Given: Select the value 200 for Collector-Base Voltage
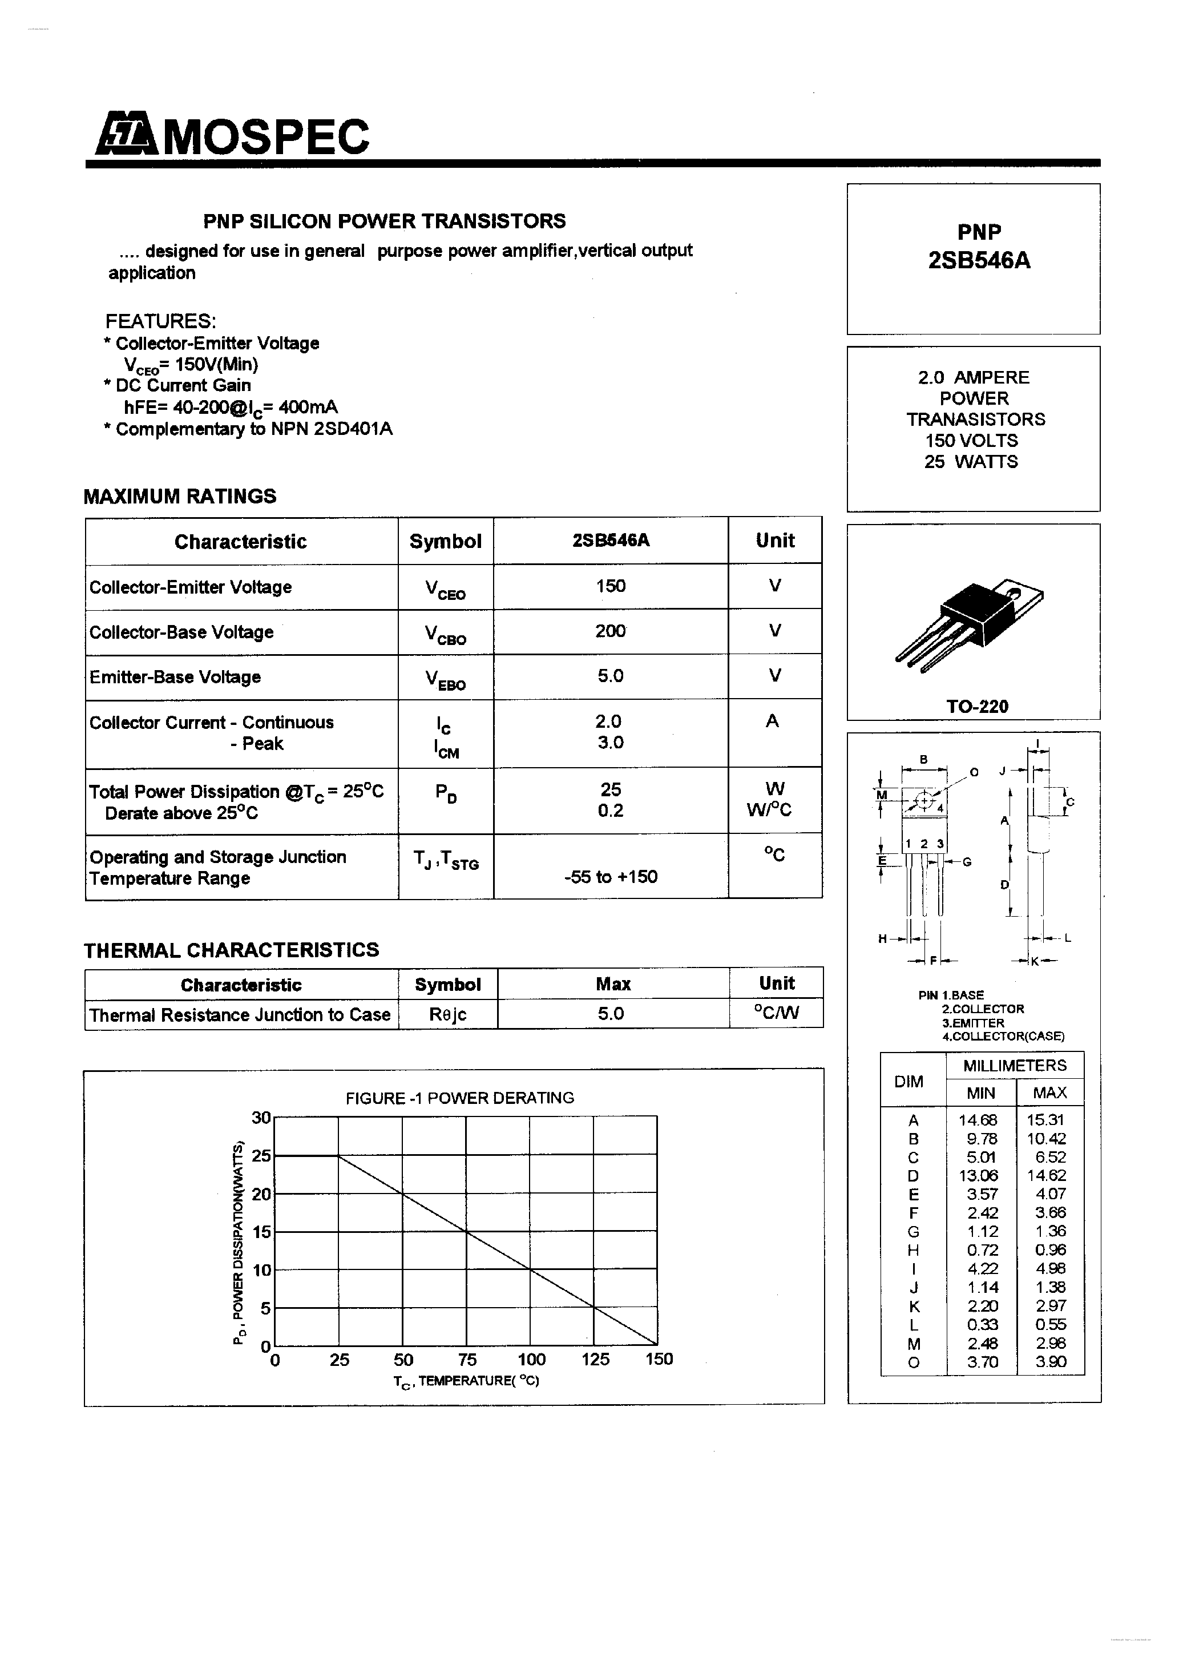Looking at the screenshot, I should (610, 631).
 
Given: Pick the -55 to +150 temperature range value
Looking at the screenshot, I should (610, 877).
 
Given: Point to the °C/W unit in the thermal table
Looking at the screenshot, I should (776, 1013).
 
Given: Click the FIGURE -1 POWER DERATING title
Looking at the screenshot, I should (459, 1098).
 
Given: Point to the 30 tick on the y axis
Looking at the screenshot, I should (260, 1117).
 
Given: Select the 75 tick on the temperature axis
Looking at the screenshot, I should (467, 1359).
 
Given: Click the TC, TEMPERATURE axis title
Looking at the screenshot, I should (466, 1380).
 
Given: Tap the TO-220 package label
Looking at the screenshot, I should (977, 706).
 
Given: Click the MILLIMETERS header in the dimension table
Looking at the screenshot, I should (1014, 1066).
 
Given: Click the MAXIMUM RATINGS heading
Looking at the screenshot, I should (180, 497).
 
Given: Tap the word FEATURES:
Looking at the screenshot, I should (160, 321).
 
